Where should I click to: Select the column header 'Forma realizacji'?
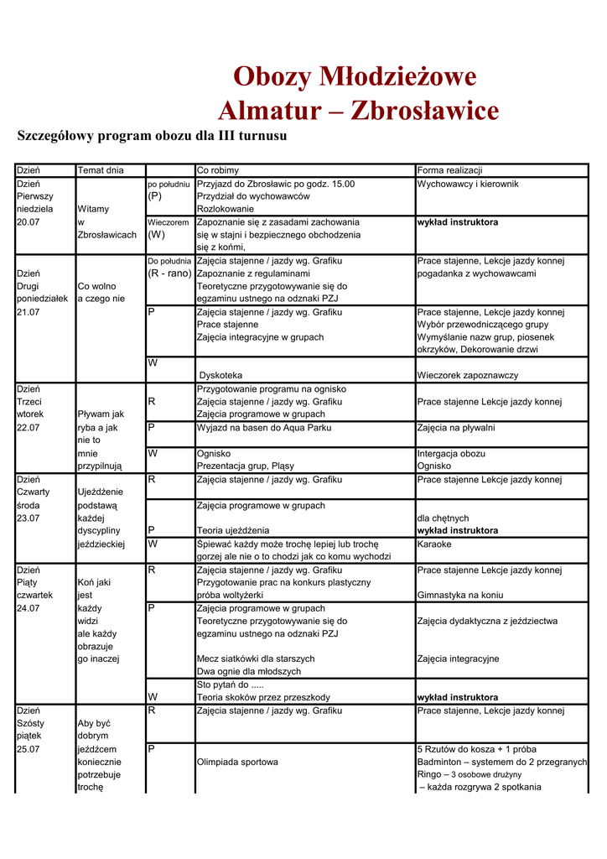pos(449,170)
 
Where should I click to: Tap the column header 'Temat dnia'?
pos(101,170)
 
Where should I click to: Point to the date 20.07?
pos(29,222)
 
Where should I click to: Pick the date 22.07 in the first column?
pos(29,427)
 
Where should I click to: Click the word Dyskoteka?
pos(220,375)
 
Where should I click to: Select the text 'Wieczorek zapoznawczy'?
pos(468,375)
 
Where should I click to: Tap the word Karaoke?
pos(434,544)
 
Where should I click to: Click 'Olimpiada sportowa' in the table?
pos(237,762)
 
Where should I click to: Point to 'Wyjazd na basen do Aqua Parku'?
pos(264,427)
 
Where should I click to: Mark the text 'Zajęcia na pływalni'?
pos(456,427)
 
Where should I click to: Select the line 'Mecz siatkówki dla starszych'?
pos(256,659)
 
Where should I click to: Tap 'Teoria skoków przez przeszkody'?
pos(263,697)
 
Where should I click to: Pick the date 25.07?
pos(29,748)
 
